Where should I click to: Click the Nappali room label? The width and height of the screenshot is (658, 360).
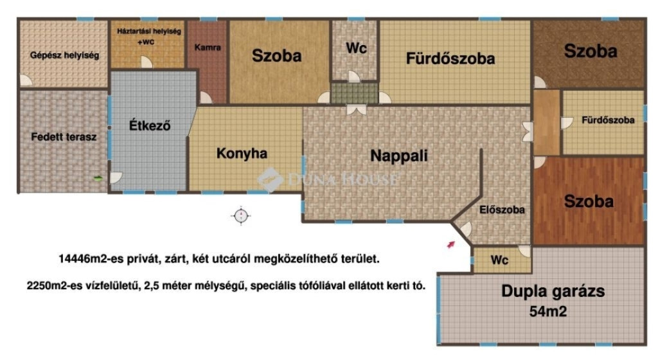pyautogui.click(x=399, y=156)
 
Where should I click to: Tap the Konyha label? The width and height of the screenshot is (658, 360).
pyautogui.click(x=242, y=154)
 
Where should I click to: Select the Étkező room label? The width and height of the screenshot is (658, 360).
pyautogui.click(x=150, y=125)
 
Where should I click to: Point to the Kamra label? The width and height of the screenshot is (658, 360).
pyautogui.click(x=208, y=48)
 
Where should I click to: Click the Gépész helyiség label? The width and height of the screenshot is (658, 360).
pyautogui.click(x=65, y=55)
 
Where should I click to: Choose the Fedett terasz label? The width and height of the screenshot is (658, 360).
pyautogui.click(x=64, y=137)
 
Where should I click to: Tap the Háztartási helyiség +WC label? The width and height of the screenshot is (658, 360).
pyautogui.click(x=149, y=37)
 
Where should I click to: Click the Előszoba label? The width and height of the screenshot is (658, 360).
pyautogui.click(x=502, y=210)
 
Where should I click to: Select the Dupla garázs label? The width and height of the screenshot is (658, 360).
pyautogui.click(x=553, y=291)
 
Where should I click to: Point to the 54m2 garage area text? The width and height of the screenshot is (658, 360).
pyautogui.click(x=548, y=311)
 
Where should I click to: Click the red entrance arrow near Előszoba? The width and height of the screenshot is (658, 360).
pyautogui.click(x=450, y=244)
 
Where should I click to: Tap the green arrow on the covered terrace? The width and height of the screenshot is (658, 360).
pyautogui.click(x=98, y=178)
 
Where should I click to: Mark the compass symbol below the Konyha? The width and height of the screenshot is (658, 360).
pyautogui.click(x=241, y=216)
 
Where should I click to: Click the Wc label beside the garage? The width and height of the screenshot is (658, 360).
pyautogui.click(x=499, y=260)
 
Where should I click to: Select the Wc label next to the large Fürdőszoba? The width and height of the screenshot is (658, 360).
pyautogui.click(x=356, y=48)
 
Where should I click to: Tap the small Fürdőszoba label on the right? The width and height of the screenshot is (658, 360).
pyautogui.click(x=608, y=120)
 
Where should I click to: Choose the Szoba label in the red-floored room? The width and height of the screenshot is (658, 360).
pyautogui.click(x=589, y=201)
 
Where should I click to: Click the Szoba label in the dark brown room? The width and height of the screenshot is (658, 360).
pyautogui.click(x=591, y=51)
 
